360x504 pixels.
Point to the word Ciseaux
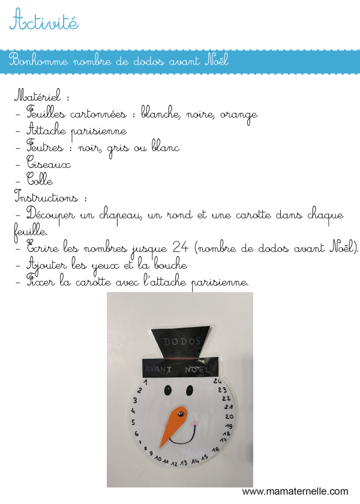click(49, 164)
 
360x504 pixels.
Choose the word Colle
click(40, 181)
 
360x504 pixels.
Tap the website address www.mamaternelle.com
click(295, 491)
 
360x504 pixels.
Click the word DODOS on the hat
click(181, 340)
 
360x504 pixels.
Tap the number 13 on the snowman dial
click(184, 463)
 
